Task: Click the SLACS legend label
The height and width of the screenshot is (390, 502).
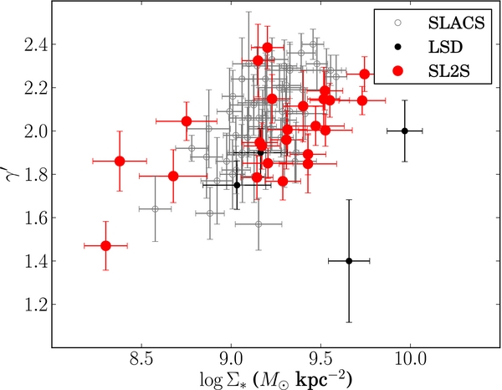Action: coord(456,23)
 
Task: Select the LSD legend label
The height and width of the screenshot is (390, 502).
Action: coord(445,47)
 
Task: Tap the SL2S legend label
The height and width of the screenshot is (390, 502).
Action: coord(448,71)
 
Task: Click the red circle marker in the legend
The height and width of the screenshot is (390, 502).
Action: coord(398,71)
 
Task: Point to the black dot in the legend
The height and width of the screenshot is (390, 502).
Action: coord(398,47)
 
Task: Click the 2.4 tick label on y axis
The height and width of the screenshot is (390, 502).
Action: coord(35,44)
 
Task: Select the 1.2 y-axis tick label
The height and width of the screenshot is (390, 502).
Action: coord(35,304)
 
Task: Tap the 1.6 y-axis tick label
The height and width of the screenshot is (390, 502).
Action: coord(35,218)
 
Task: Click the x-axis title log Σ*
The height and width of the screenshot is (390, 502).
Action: coord(275,379)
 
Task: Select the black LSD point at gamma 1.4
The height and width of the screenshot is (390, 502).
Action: coord(349,261)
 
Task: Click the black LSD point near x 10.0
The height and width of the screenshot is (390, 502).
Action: coord(405,131)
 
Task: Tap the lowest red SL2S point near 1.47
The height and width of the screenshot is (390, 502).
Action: coord(105,246)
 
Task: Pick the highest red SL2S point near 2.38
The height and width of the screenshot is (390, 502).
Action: coord(268,48)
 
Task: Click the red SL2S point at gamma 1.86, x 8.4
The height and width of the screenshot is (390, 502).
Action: coord(120,161)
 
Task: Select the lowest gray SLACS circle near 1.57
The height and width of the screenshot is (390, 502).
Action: coord(259,224)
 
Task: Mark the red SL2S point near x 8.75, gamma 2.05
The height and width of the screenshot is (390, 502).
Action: coord(187,121)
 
